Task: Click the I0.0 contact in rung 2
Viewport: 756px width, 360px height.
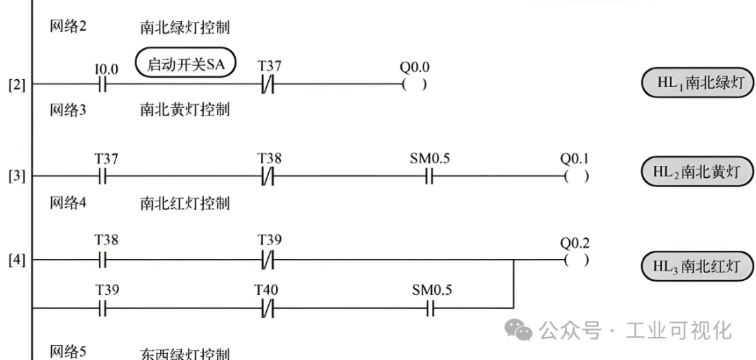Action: click(101, 85)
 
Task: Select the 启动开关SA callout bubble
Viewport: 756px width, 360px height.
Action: click(185, 64)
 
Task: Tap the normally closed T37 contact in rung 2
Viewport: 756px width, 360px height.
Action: click(268, 85)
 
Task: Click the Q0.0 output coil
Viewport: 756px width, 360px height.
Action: click(414, 85)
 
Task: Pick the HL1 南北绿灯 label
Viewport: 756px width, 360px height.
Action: click(698, 83)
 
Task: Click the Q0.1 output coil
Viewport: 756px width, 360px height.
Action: click(576, 176)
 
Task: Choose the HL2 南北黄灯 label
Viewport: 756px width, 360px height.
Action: click(697, 172)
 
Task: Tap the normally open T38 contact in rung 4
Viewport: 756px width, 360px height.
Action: click(101, 261)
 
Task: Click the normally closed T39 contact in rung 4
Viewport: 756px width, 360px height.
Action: click(268, 261)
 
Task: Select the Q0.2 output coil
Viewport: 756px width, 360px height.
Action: click(576, 260)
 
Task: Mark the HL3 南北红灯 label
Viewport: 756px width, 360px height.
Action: click(697, 266)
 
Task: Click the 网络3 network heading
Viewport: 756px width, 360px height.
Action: click(68, 110)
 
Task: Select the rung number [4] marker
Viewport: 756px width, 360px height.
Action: click(17, 261)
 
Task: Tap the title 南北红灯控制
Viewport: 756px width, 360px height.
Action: click(185, 203)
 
